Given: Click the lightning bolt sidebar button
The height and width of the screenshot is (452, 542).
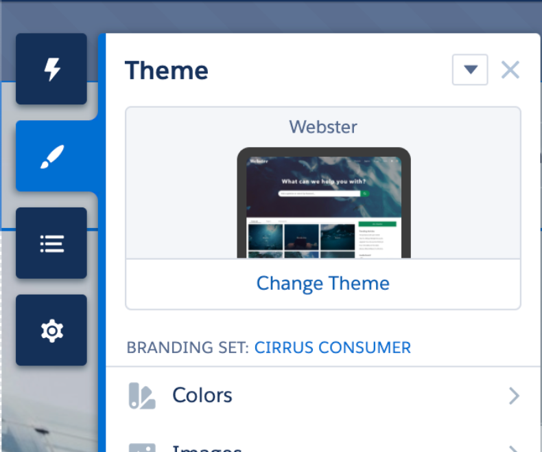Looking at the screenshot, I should click(x=51, y=69).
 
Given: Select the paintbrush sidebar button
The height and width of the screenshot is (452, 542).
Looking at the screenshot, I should click(x=51, y=157).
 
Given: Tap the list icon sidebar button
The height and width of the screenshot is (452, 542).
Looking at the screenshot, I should click(x=51, y=243).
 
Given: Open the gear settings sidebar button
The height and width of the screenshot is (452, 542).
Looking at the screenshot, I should click(x=51, y=330).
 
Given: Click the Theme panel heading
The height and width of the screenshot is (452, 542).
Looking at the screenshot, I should click(x=166, y=71).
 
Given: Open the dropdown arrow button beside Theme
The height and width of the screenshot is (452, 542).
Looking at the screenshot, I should click(x=470, y=69).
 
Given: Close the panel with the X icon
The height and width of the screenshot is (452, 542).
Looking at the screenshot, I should click(x=510, y=69).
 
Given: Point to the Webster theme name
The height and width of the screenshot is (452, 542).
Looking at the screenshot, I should click(x=322, y=126).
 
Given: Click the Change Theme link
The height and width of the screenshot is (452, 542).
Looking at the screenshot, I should click(x=322, y=284).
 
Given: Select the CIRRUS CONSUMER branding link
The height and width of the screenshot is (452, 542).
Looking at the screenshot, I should click(x=332, y=348).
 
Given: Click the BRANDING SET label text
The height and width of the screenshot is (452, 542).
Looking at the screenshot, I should click(x=187, y=348).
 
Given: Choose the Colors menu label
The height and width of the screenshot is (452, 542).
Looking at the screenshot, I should click(x=202, y=395).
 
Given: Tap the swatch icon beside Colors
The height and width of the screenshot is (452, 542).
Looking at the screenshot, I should click(x=142, y=396).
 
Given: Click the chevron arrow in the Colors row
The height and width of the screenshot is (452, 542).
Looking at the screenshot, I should click(x=513, y=396).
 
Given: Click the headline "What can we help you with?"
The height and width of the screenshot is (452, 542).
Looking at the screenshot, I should click(x=323, y=182).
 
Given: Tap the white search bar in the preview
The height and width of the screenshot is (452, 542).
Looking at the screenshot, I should click(x=319, y=194).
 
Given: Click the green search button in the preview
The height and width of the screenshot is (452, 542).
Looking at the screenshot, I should click(x=365, y=194).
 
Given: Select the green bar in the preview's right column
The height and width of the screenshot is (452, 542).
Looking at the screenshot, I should click(x=377, y=224).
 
